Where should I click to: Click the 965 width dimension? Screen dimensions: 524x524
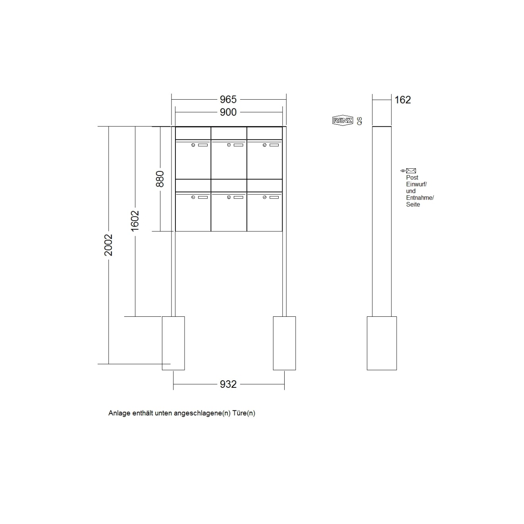(228, 99)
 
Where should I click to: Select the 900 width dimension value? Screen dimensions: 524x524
(228, 112)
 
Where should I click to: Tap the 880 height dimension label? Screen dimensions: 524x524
(160, 179)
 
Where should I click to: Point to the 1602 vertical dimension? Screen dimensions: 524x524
(135, 221)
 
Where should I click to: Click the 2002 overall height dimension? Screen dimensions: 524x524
(108, 245)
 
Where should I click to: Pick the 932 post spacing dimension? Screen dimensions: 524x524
(228, 384)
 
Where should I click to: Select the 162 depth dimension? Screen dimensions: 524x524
(403, 100)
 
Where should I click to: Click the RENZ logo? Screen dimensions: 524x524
(342, 120)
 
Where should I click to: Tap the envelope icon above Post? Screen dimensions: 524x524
(411, 171)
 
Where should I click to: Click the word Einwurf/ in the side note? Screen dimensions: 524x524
(416, 184)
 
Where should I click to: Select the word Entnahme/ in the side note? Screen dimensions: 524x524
(420, 198)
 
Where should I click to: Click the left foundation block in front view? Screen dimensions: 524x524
(173, 343)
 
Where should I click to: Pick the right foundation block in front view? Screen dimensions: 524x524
(284, 343)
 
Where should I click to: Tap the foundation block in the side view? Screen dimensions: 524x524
(381, 343)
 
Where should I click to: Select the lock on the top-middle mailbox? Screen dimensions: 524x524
(229, 145)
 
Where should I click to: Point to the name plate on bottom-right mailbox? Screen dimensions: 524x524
(274, 197)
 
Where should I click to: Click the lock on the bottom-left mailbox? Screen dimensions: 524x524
(193, 197)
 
